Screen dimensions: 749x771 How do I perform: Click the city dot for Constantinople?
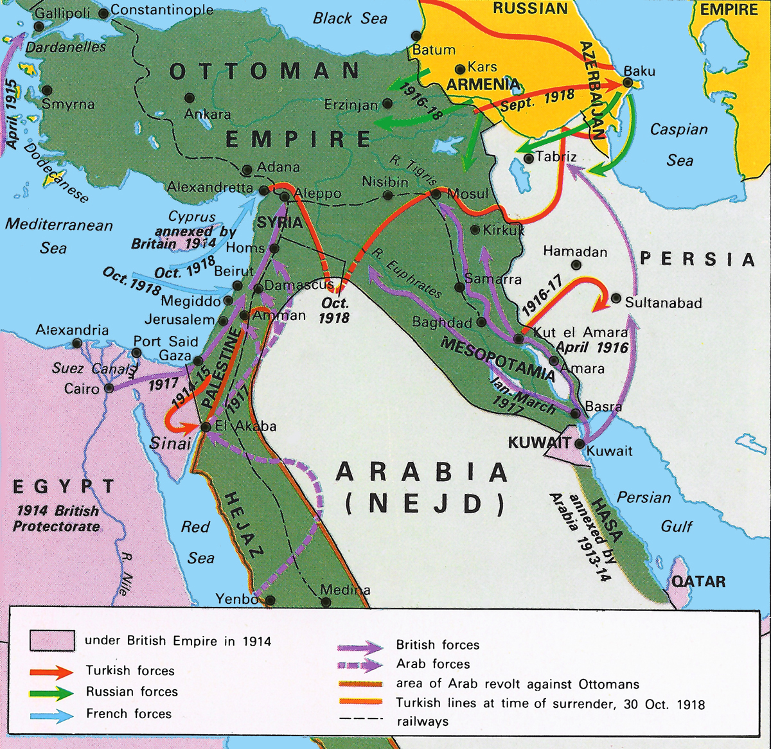coord(103,12)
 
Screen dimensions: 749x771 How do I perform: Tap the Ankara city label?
coord(208,114)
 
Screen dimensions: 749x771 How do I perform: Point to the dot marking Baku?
coord(628,83)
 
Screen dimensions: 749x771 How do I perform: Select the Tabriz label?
coord(556,156)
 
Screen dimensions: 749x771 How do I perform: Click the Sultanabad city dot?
coord(616,299)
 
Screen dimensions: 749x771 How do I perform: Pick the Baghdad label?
coord(442,322)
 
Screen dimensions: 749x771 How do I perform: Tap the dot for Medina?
coord(326,602)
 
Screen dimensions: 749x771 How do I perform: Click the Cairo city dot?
coord(109,388)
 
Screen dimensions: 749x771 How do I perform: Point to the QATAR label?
coord(698,581)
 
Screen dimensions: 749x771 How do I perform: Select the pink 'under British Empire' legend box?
coord(52,640)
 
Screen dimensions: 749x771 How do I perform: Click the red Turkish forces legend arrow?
coord(51,672)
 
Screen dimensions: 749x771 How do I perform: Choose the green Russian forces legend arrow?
coord(51,692)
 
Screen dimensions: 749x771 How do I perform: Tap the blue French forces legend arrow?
coord(51,714)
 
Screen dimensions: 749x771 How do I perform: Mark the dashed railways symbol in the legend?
coord(360,719)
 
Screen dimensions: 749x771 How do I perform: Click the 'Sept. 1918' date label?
coord(537,100)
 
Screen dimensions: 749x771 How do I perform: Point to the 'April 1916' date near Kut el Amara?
coord(592,348)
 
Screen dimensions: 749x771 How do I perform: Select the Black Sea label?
coord(350,18)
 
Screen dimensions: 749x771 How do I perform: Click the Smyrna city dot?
coord(46,91)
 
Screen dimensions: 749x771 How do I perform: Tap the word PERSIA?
coord(697,259)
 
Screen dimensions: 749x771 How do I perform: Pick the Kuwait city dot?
coord(580,443)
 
